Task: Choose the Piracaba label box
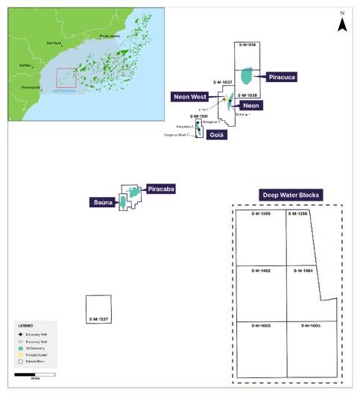click(x=160, y=189)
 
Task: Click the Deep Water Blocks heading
click(x=290, y=195)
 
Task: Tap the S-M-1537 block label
click(x=98, y=319)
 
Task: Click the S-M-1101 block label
click(x=199, y=116)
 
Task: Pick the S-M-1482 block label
click(x=261, y=270)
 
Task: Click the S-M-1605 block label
click(x=312, y=326)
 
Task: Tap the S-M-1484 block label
click(x=303, y=270)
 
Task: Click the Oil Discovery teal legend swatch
click(x=22, y=349)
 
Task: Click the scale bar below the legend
click(x=35, y=375)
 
